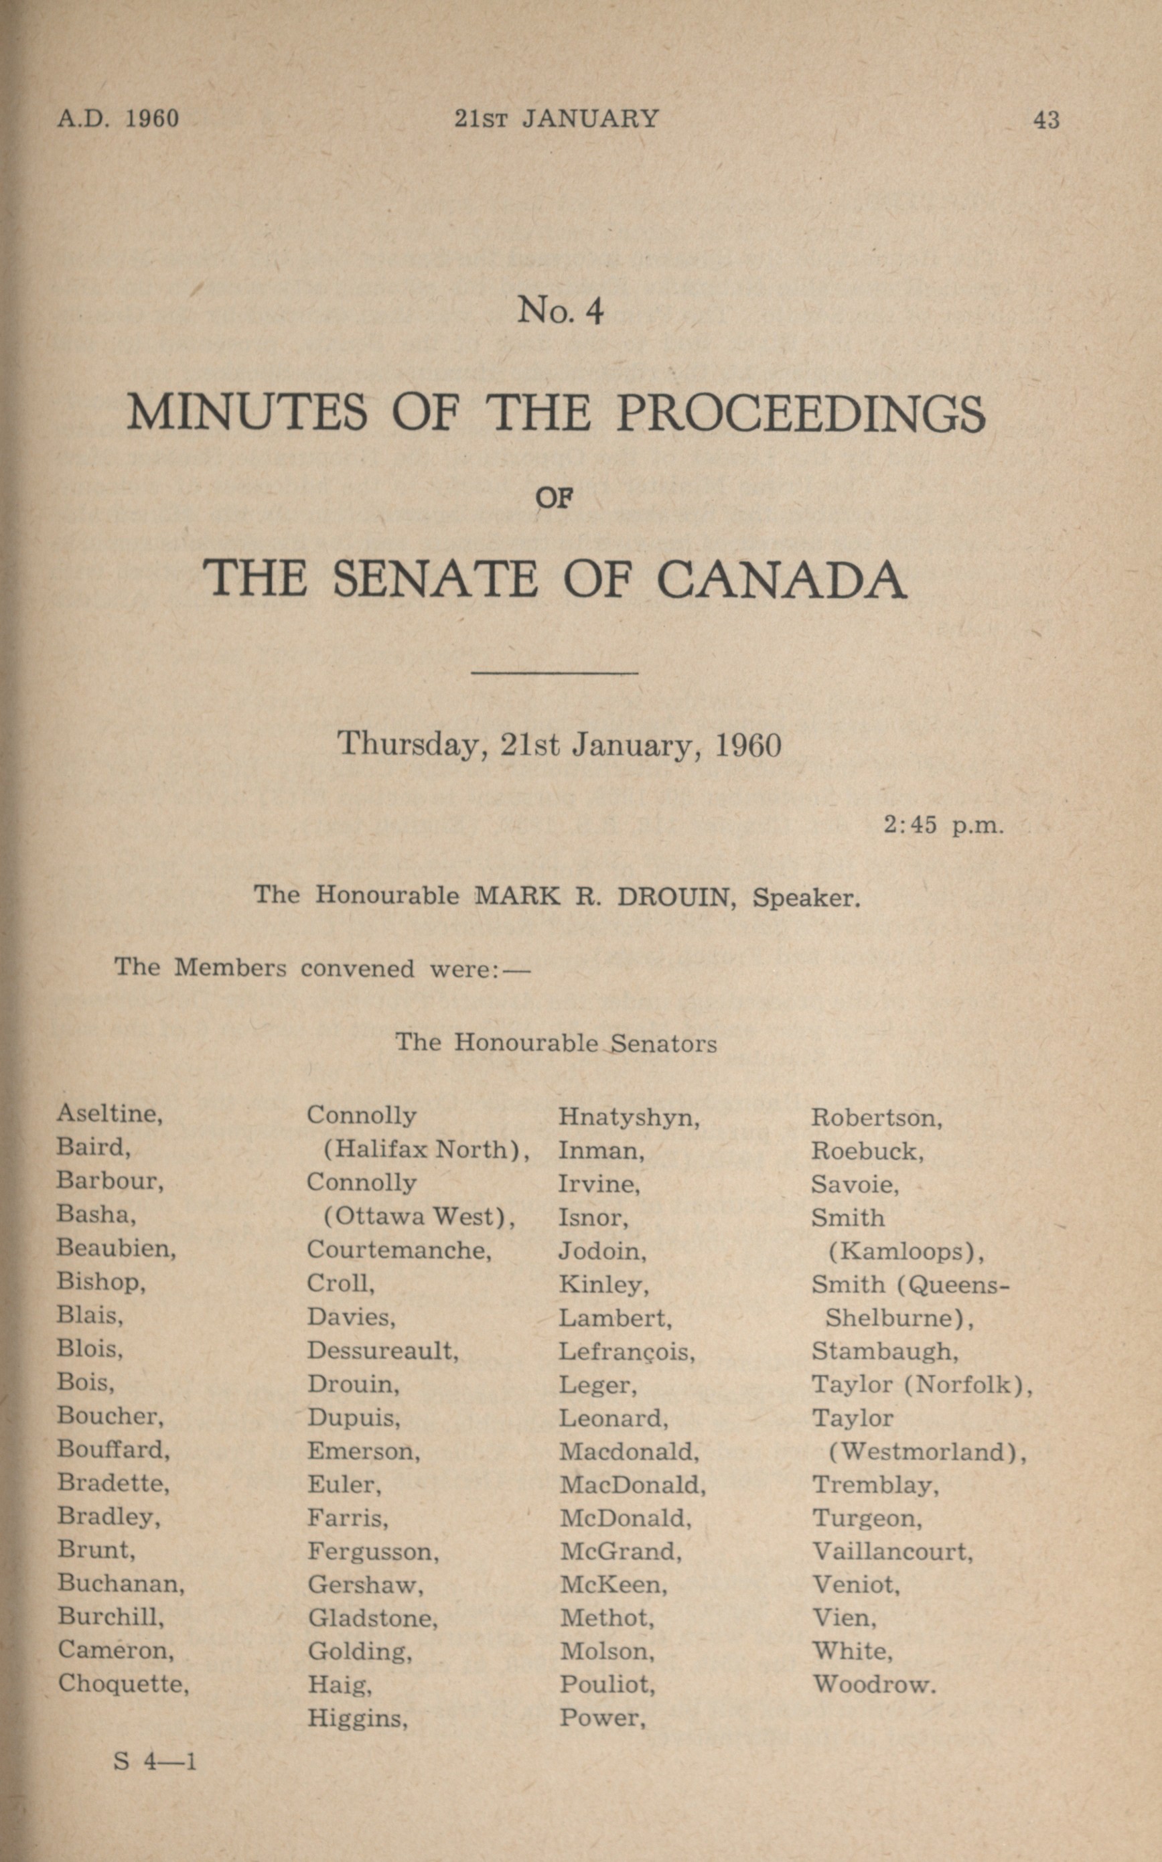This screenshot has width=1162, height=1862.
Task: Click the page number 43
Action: click(1046, 120)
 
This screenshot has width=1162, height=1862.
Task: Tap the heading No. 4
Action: click(561, 311)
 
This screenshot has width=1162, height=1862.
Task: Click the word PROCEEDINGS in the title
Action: click(800, 413)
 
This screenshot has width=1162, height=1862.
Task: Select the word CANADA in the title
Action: click(781, 579)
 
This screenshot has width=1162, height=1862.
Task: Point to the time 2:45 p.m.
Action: click(943, 826)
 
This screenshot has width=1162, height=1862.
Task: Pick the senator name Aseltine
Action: click(109, 1113)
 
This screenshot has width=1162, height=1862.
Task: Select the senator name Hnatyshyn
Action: click(629, 1117)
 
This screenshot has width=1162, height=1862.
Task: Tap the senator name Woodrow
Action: click(874, 1685)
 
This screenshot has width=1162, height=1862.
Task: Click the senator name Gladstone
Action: click(373, 1618)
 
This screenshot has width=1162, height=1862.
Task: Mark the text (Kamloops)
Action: click(906, 1252)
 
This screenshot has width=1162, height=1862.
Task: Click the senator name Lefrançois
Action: click(626, 1352)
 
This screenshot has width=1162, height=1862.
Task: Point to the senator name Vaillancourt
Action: click(892, 1551)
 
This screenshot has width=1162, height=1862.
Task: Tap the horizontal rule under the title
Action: click(554, 673)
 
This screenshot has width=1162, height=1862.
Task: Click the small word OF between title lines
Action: click(554, 499)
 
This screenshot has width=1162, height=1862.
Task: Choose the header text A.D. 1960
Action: click(118, 119)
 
